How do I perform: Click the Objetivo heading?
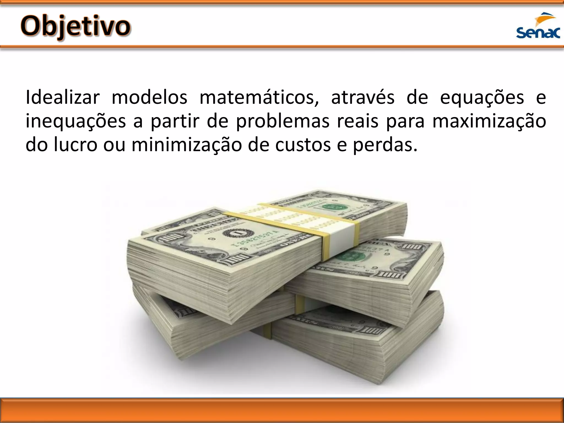coord(75,27)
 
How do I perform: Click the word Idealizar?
coord(62,97)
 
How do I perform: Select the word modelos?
coord(149,97)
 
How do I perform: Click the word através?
coord(363,97)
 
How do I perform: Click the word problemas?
coord(283,121)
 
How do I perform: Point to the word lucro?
coord(76,145)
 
